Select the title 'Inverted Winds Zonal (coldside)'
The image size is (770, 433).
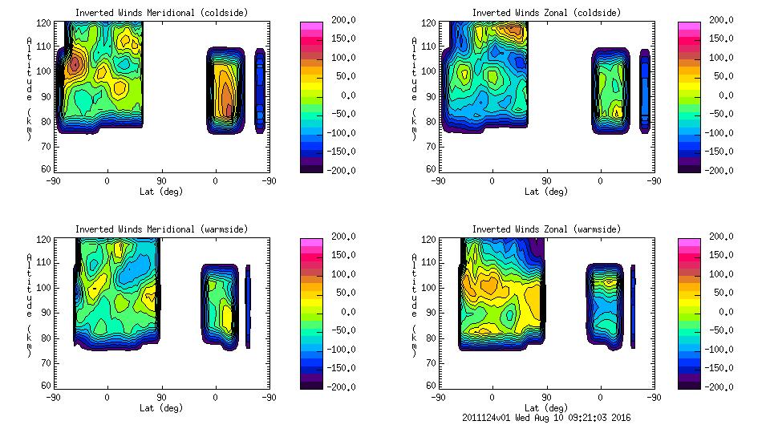pyautogui.click(x=546, y=13)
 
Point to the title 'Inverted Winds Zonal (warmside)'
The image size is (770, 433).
pyautogui.click(x=546, y=229)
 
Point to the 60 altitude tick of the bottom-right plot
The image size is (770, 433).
pyautogui.click(x=430, y=385)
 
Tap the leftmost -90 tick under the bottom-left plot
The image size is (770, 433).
pyautogui.click(x=54, y=397)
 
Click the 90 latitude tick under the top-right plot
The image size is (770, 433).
pyautogui.click(x=546, y=180)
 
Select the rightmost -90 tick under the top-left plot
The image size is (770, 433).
pyautogui.click(x=269, y=180)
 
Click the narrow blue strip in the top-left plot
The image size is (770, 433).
pyautogui.click(x=260, y=90)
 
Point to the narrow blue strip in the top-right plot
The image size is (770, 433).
pyautogui.click(x=645, y=90)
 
